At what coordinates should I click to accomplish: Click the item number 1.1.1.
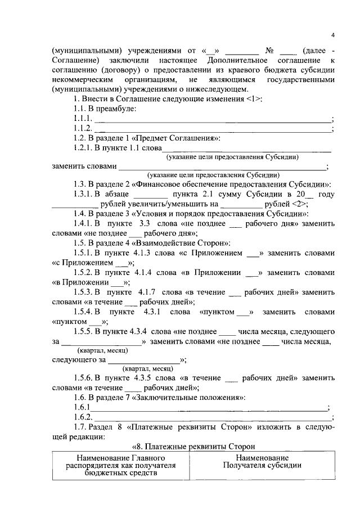coord(83,119)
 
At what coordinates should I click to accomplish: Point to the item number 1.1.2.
coord(83,128)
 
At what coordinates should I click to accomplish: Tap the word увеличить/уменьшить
coord(170,204)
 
